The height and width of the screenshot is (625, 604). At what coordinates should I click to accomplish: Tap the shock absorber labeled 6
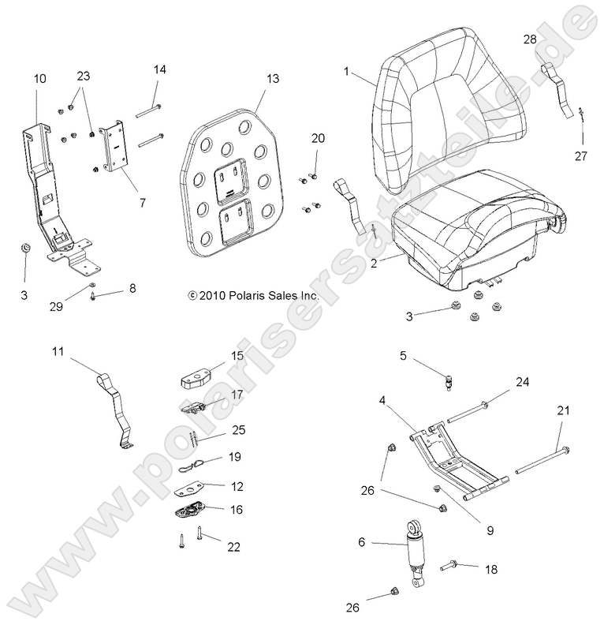pos(417,552)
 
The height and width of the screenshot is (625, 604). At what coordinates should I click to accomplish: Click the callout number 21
pos(563,410)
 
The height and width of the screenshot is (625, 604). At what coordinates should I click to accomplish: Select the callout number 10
pos(39,78)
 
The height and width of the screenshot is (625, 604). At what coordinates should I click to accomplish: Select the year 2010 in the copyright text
pos(210,296)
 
